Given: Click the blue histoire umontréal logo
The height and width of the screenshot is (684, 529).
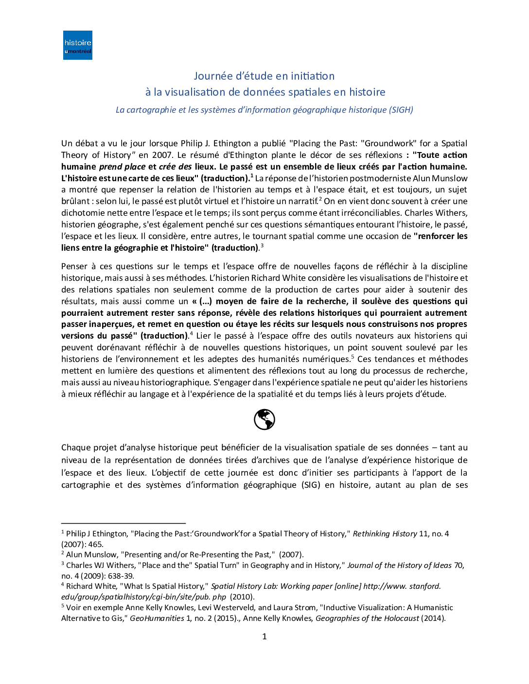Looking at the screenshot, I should [x=78, y=45].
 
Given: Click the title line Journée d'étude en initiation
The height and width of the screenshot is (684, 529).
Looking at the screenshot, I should [x=264, y=76].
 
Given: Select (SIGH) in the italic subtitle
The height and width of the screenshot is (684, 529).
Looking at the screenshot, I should [x=401, y=110].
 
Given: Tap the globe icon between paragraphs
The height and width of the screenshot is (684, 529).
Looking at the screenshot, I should [x=264, y=419].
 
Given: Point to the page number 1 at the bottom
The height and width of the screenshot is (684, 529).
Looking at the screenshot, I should [x=264, y=636].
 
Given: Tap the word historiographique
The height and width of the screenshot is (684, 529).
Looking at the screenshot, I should [x=176, y=382].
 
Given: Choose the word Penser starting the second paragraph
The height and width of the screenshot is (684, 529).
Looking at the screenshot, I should [x=74, y=266].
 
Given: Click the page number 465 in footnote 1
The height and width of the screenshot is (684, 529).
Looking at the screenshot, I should [x=96, y=544].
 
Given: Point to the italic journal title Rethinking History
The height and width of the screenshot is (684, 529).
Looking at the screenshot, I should [x=385, y=533].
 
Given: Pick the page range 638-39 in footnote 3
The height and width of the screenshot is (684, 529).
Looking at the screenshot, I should [x=120, y=576].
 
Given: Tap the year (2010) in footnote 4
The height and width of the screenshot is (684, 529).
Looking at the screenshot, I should [x=242, y=597].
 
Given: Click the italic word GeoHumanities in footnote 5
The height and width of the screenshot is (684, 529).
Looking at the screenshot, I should [x=157, y=618].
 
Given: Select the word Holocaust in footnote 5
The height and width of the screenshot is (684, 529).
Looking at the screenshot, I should [x=401, y=618].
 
